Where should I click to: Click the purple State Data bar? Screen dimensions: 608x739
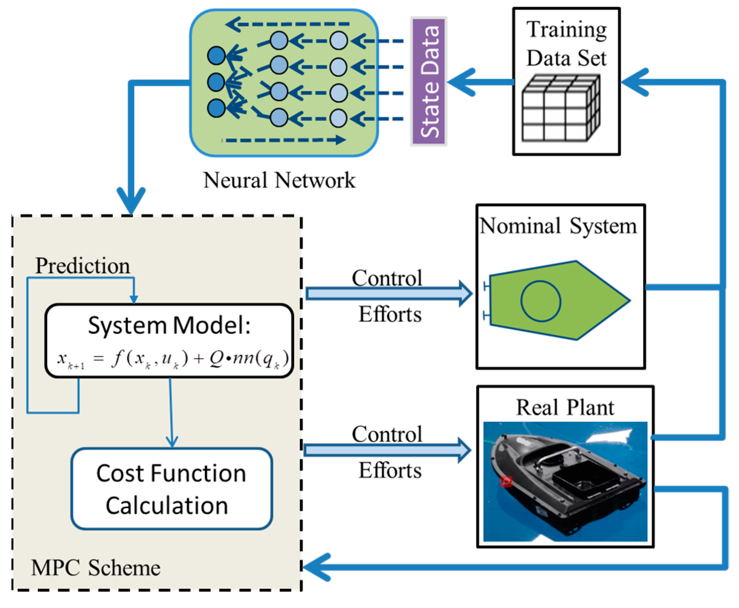429,81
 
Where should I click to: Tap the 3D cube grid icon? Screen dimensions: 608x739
561,109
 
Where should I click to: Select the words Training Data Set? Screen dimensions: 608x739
566,44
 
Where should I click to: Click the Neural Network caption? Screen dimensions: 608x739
279,180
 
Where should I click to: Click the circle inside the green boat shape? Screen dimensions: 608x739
541,301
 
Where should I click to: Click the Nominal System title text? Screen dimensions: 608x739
558,226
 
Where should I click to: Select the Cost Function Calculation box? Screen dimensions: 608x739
172,489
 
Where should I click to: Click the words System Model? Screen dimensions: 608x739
169,325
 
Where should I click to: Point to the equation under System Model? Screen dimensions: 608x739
173,358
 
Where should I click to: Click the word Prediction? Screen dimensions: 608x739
82,266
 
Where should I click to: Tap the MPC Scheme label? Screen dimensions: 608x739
96,568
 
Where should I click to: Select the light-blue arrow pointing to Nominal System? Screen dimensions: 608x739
389,294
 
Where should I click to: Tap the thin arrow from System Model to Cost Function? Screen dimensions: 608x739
171,412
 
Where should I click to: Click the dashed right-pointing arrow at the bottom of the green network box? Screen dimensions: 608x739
284,140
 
